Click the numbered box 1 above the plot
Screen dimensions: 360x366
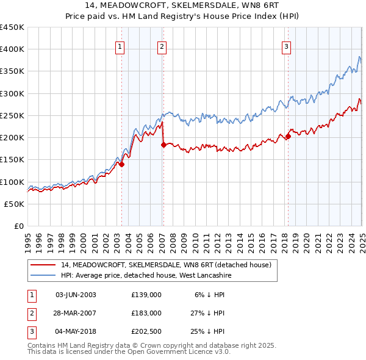[x=120, y=46]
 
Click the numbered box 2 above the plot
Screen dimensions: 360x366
[x=162, y=46]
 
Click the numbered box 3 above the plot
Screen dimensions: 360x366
[x=286, y=46]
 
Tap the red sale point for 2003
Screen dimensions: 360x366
[x=122, y=164]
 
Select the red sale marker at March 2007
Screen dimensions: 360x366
[x=163, y=145]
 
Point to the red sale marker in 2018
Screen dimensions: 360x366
[x=288, y=136]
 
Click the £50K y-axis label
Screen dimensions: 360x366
[x=15, y=204]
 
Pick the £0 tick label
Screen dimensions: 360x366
[x=20, y=226]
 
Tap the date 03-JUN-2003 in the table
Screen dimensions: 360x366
[x=76, y=295]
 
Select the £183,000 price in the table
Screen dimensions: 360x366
[x=146, y=313]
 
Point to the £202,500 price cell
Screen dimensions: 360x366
[x=146, y=331]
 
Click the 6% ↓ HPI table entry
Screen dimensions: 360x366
[x=210, y=295]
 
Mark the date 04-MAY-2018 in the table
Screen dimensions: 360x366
[x=76, y=331]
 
